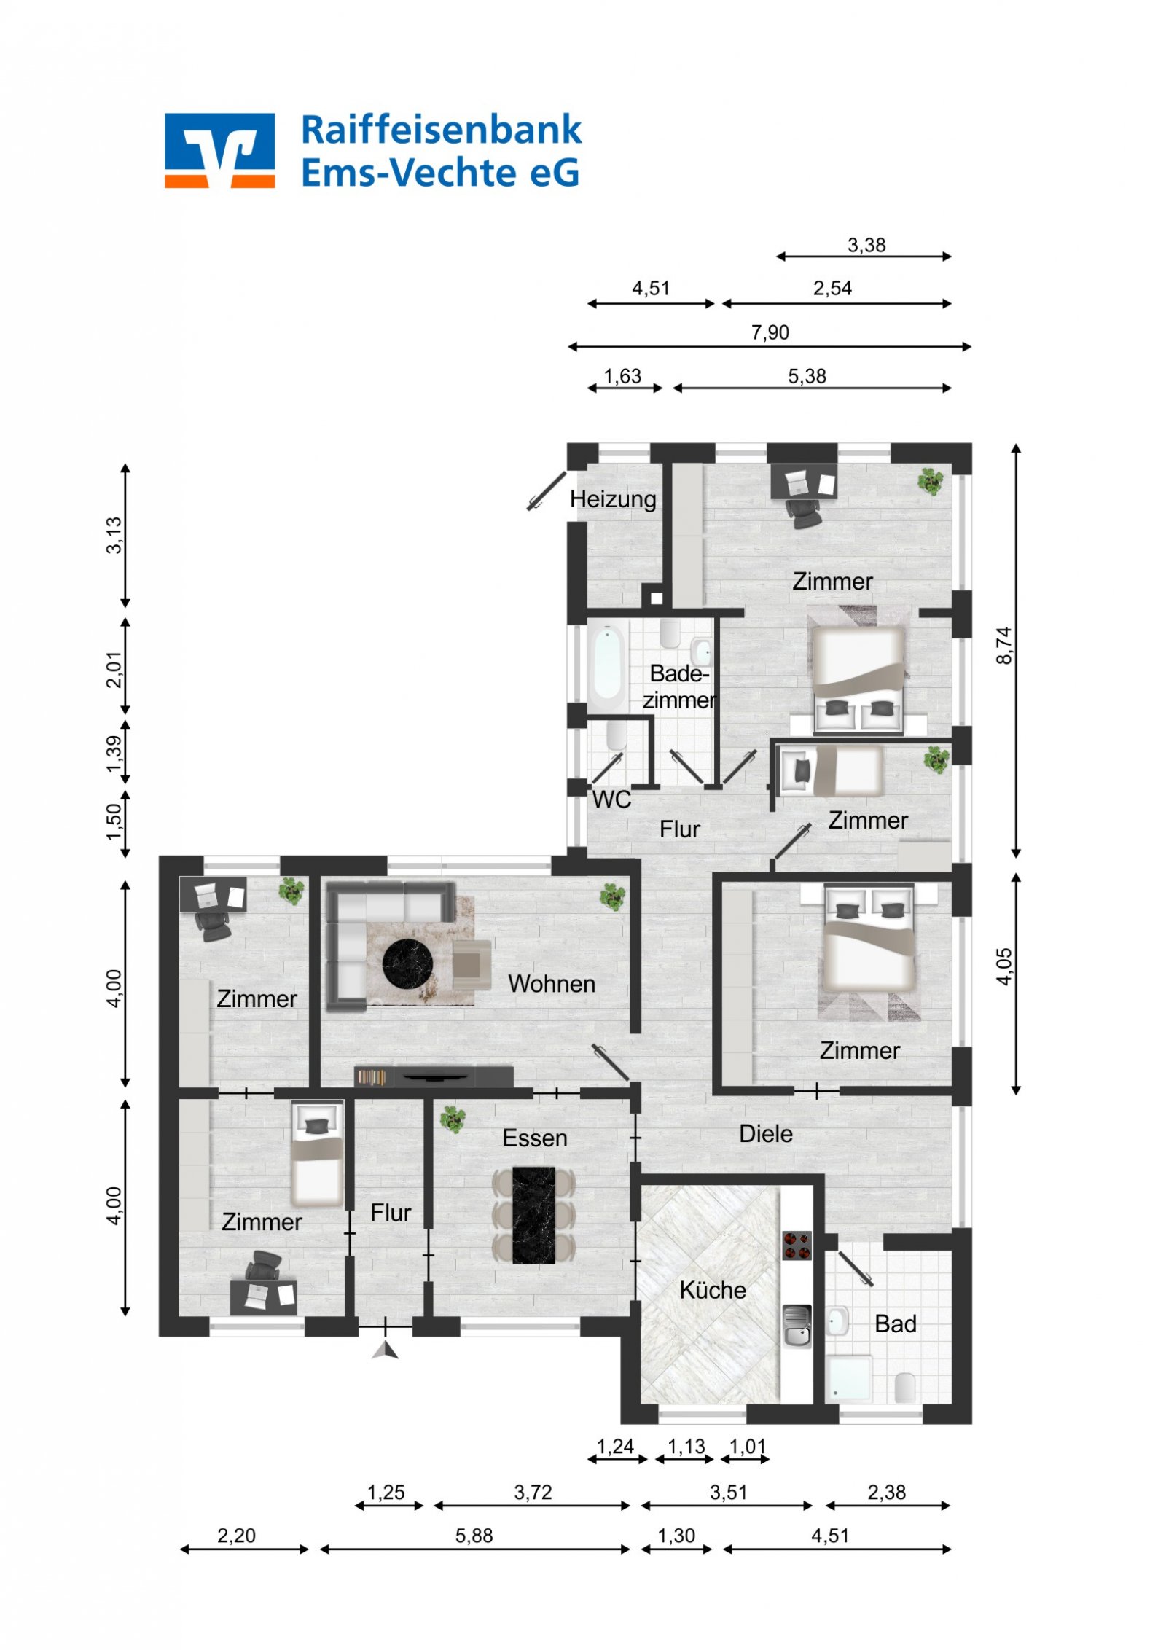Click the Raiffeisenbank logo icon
click(219, 150)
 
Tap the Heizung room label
click(613, 499)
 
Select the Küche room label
click(713, 1290)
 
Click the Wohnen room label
click(552, 984)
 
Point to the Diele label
click(766, 1133)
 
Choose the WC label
click(611, 799)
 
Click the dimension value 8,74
click(1004, 645)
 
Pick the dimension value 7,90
click(770, 332)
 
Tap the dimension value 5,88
click(474, 1536)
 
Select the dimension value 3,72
click(533, 1492)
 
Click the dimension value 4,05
click(1004, 966)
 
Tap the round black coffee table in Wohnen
click(408, 964)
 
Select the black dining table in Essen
click(533, 1215)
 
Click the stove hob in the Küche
click(797, 1245)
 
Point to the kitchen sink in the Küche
click(797, 1326)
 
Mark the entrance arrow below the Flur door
click(386, 1350)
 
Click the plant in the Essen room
click(452, 1117)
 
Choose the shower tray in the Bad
click(848, 1377)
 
